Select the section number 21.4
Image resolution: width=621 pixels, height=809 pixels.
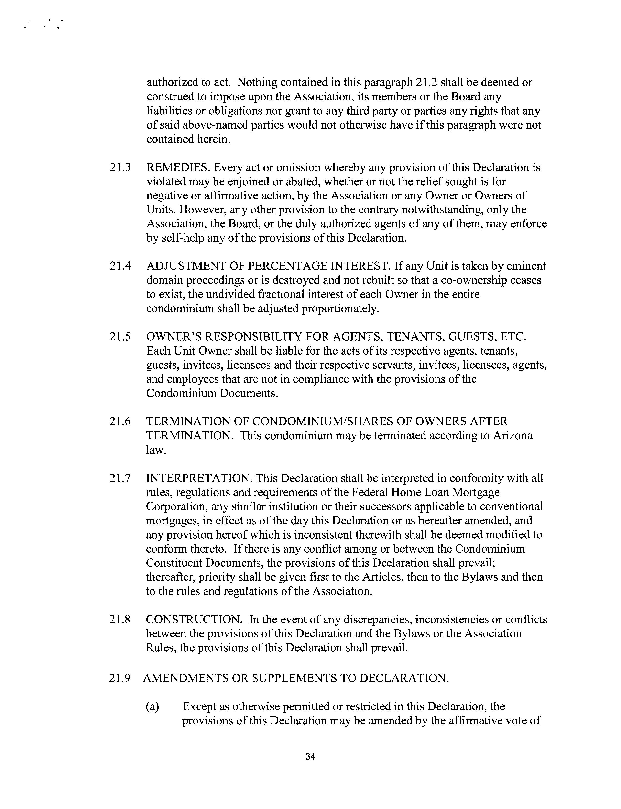[x=120, y=266]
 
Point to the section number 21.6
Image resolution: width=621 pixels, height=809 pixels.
[x=120, y=421]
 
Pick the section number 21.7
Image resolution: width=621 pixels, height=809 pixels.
[x=120, y=478]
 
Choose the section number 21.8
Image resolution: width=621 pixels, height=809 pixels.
[x=120, y=620]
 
